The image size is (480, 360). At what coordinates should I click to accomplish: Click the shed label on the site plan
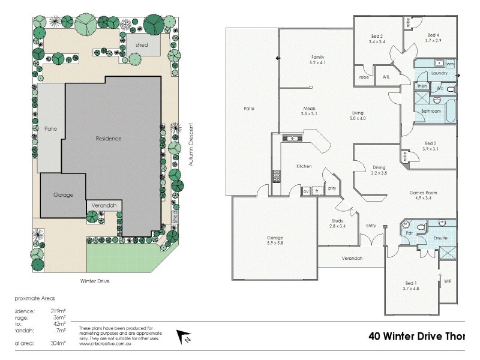(142, 44)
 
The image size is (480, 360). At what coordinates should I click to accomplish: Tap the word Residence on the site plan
(109, 139)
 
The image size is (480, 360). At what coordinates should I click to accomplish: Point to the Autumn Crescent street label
(191, 147)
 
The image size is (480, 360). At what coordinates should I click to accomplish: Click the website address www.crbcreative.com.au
(107, 343)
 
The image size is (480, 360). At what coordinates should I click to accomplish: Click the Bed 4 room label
(433, 37)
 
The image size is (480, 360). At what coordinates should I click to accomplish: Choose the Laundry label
(439, 73)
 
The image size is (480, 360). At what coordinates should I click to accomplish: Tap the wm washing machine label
(450, 63)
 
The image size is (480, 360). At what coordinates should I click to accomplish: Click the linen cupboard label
(422, 86)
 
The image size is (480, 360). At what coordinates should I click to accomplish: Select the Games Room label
(423, 195)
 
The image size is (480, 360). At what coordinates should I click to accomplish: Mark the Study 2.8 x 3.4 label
(338, 223)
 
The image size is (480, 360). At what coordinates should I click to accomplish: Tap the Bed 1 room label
(412, 286)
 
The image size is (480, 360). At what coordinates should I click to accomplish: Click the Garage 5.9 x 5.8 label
(275, 241)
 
